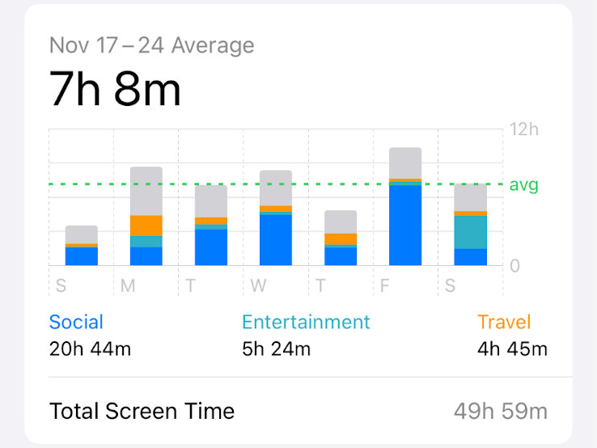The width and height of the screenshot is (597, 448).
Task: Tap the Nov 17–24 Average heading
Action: coord(151,44)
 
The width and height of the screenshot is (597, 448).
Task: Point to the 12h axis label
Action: coord(523,129)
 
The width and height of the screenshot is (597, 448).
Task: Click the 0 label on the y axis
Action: coord(514,266)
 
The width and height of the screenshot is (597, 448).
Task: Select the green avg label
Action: coord(523,185)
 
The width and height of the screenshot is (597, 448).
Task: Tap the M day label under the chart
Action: coord(128,285)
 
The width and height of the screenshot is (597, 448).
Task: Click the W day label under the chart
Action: coord(258,285)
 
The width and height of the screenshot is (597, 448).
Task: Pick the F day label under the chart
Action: coord(387,285)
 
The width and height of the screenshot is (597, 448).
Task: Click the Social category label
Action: coord(76,322)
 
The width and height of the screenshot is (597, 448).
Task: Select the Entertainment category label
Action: coord(306,322)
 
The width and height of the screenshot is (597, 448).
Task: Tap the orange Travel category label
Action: coord(504,322)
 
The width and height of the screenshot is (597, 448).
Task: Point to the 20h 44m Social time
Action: coord(90,349)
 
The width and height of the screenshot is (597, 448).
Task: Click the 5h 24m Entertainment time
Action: coord(277,349)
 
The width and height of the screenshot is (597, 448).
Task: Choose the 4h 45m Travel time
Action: coord(512,349)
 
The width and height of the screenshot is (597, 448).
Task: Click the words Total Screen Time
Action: coord(142,411)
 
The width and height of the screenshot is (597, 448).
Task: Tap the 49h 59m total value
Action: coord(500,411)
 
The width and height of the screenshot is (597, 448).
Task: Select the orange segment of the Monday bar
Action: coord(146,226)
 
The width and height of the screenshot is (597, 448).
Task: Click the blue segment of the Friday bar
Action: coord(405,226)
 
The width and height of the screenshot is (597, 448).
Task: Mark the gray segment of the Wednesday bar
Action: coord(276,188)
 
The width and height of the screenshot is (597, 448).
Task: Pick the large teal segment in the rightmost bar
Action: coord(470,232)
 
